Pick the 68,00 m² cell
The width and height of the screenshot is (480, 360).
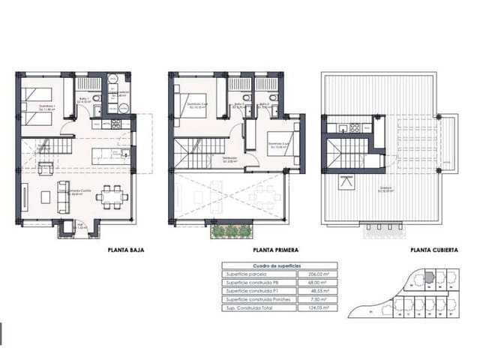coord(325,283)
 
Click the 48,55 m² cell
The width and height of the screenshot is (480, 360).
coord(325,291)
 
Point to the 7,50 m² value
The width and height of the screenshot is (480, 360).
coord(327,299)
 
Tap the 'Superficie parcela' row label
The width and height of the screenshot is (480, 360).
coord(244,274)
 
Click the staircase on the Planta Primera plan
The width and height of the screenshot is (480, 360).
coord(199,155)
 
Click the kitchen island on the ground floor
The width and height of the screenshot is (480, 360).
coord(109,156)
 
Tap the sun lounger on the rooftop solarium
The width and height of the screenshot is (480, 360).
coord(346,181)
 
